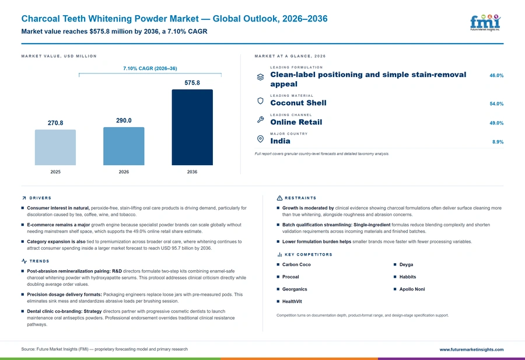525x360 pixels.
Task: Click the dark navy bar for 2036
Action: pyautogui.click(x=192, y=127)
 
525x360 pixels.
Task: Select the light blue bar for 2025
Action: pyautogui.click(x=55, y=148)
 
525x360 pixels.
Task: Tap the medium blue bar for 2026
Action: pyautogui.click(x=124, y=146)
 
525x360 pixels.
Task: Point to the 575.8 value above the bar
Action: pyautogui.click(x=192, y=83)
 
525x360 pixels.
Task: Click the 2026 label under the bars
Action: pyautogui.click(x=124, y=172)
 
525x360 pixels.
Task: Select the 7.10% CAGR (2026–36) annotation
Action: pyautogui.click(x=150, y=68)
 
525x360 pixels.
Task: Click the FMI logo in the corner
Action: pyautogui.click(x=485, y=23)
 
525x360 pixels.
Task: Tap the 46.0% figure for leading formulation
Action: pyautogui.click(x=496, y=76)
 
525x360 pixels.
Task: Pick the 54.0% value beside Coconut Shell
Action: pyautogui.click(x=496, y=104)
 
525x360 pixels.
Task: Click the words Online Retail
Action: pyautogui.click(x=296, y=122)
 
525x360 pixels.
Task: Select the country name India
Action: pyautogui.click(x=280, y=141)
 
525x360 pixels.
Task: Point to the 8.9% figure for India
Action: pyautogui.click(x=498, y=142)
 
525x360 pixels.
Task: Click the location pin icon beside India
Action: pyautogui.click(x=260, y=139)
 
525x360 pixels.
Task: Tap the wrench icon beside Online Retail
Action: pyautogui.click(x=261, y=120)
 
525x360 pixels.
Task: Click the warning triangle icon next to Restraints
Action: pyautogui.click(x=279, y=198)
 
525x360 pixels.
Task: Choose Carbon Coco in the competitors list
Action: pyautogui.click(x=296, y=264)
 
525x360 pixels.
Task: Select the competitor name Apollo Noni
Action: pyautogui.click(x=412, y=289)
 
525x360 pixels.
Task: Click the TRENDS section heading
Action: pyautogui.click(x=39, y=261)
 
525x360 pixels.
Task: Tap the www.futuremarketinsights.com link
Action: pyautogui.click(x=471, y=349)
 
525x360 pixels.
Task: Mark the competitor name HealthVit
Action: pyautogui.click(x=292, y=302)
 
